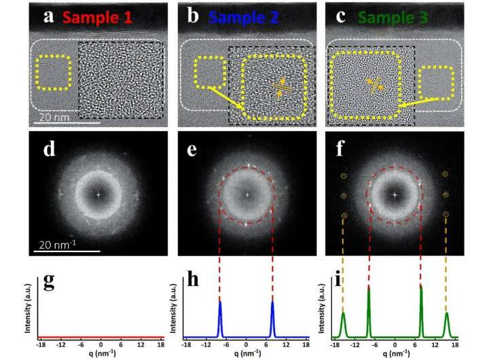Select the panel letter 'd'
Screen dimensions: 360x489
48,149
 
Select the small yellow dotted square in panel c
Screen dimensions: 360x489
439,83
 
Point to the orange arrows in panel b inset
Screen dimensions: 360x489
280,86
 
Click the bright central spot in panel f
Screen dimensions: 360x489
394,194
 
